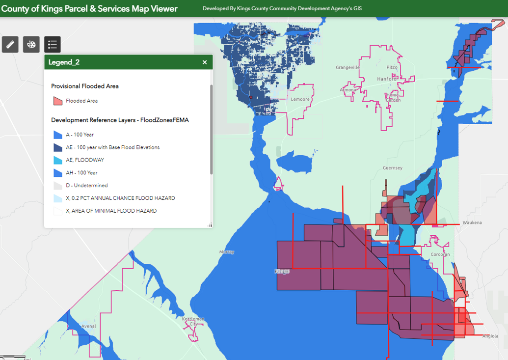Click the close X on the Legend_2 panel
click(205, 62)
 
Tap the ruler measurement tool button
click(10, 44)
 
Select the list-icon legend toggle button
click(53, 44)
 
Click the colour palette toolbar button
click(31, 44)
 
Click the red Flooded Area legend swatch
click(57, 101)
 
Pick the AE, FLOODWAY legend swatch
click(57, 160)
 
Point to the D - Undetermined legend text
click(87, 186)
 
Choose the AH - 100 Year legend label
click(81, 173)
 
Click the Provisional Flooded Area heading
click(85, 86)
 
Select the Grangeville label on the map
click(348, 67)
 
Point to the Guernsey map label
click(393, 168)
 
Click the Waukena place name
click(472, 222)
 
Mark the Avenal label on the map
click(89, 326)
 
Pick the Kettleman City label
click(193, 321)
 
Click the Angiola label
click(490, 336)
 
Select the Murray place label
click(227, 252)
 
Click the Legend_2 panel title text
click(64, 62)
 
